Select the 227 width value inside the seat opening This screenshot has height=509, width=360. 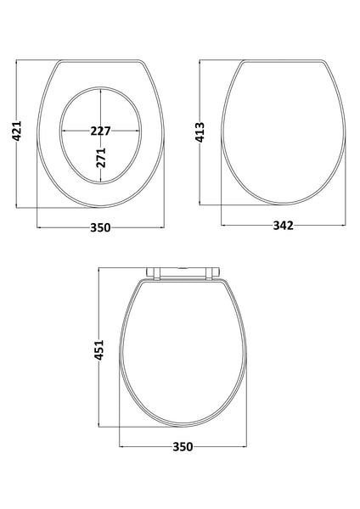[101, 131]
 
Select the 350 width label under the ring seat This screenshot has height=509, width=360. [101, 227]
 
